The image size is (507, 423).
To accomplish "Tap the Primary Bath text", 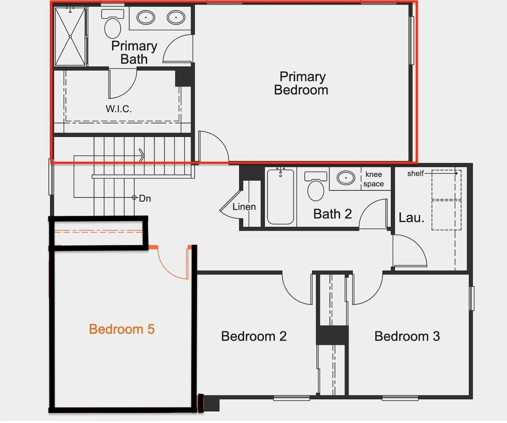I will pyautogui.click(x=134, y=52).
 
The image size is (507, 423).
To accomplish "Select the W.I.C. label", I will pyautogui.click(x=118, y=108).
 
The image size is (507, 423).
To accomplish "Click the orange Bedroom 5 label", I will pyautogui.click(x=122, y=329).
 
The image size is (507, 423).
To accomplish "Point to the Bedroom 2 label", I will pyautogui.click(x=254, y=336).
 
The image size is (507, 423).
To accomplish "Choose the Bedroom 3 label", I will pyautogui.click(x=407, y=336).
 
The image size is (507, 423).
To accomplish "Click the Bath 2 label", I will pyautogui.click(x=333, y=214).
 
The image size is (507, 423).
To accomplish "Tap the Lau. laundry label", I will pyautogui.click(x=411, y=217).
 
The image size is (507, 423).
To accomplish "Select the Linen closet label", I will pyautogui.click(x=244, y=207).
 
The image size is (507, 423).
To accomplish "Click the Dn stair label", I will pyautogui.click(x=145, y=199).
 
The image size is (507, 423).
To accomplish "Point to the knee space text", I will pyautogui.click(x=374, y=179).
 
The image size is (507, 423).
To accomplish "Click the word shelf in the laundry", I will pyautogui.click(x=415, y=173).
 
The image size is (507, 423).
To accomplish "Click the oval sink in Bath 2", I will pyautogui.click(x=346, y=178).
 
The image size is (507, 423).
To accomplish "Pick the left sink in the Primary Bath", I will pyautogui.click(x=146, y=18).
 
